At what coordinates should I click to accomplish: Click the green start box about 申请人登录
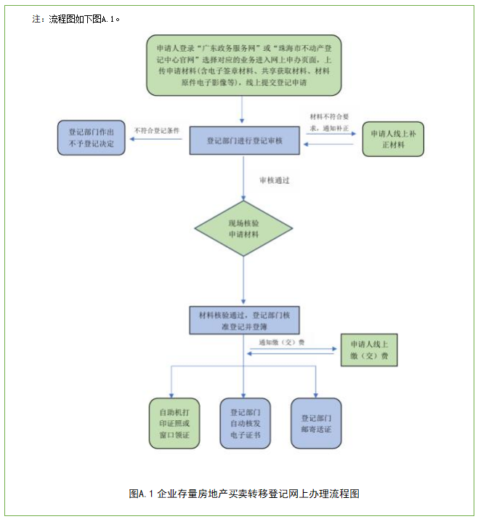tap(243, 65)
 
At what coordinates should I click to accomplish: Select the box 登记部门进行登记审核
tap(243, 140)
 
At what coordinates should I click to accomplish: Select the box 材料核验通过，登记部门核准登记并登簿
tap(243, 321)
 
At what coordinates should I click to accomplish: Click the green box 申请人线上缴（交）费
tap(369, 350)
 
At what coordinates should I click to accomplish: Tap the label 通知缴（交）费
tap(280, 342)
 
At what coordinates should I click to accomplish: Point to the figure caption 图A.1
tap(243, 494)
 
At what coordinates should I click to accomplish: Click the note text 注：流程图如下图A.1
tap(76, 18)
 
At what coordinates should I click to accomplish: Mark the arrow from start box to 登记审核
tap(243, 110)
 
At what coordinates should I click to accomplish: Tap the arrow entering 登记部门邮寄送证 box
tap(315, 382)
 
